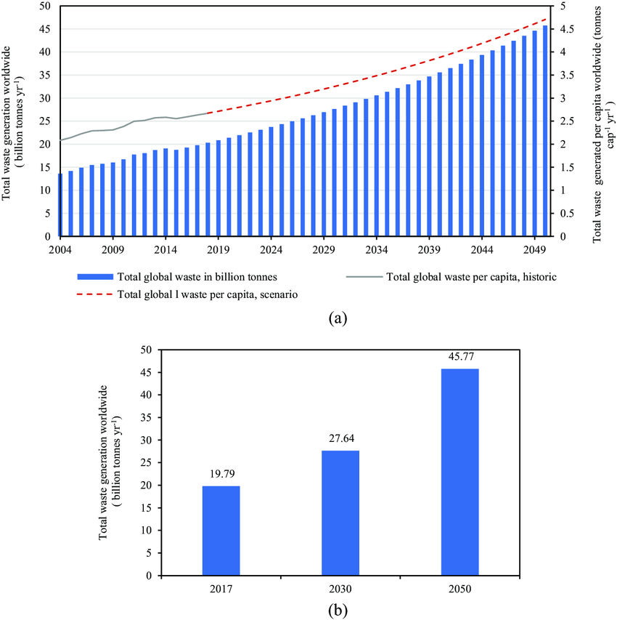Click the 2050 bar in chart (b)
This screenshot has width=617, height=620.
point(459,472)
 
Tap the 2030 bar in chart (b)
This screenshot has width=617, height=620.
point(340,512)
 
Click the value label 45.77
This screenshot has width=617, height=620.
point(459,358)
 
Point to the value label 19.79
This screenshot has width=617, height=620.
point(221,475)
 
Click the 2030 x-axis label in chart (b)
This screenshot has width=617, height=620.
point(340,587)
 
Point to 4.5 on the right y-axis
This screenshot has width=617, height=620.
point(559,29)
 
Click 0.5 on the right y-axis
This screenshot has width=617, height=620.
point(559,214)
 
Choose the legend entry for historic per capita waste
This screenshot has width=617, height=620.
point(465,277)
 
